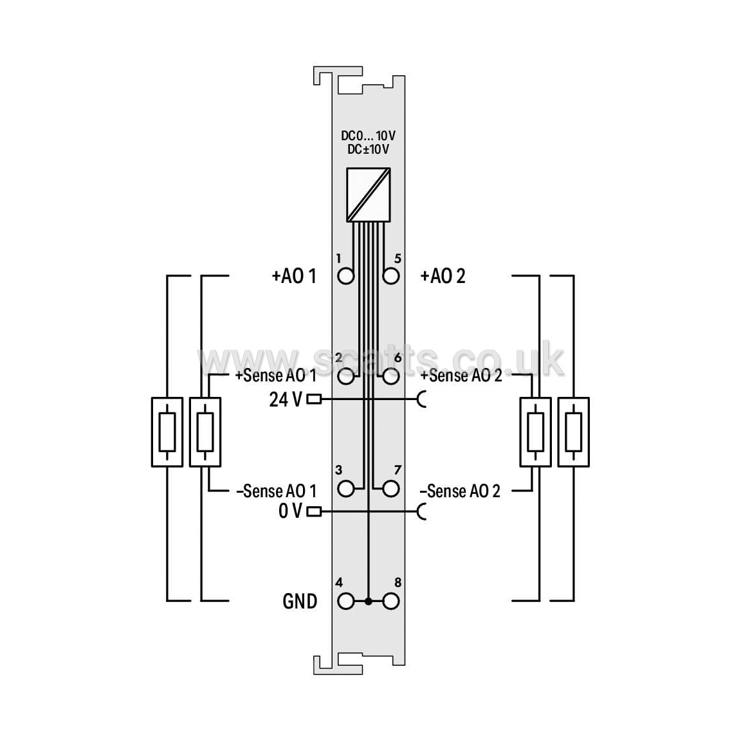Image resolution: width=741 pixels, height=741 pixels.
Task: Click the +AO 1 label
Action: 294,276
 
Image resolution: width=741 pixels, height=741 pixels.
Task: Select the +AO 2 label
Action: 443,276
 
